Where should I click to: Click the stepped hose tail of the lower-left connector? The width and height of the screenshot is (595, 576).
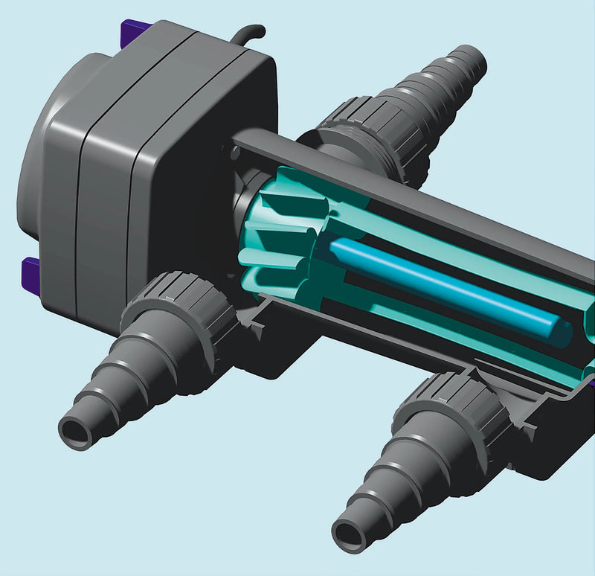pyautogui.click(x=112, y=380)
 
